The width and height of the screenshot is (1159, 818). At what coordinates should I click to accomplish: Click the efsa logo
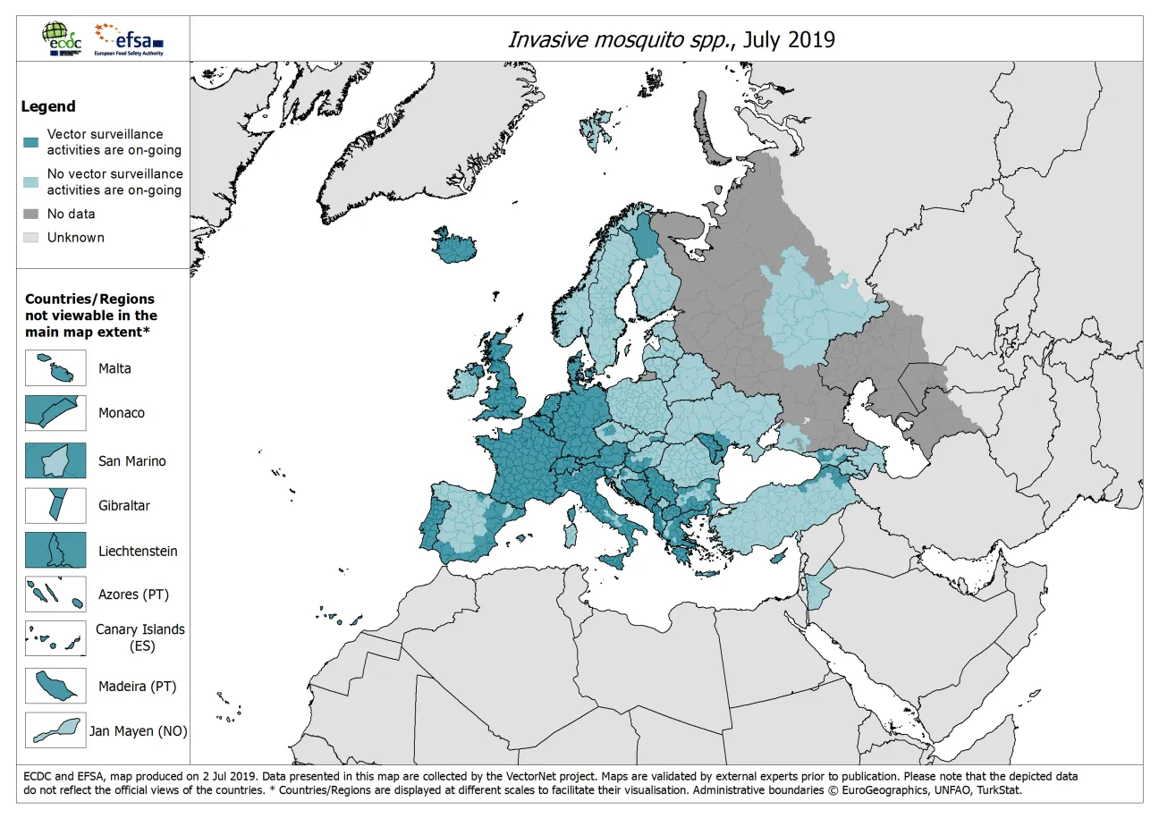(130, 38)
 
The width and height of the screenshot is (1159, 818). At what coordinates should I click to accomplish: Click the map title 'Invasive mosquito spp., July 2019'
(671, 40)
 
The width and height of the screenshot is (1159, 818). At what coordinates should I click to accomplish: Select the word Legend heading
(48, 106)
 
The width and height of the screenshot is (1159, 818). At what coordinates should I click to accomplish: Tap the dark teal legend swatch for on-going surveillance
(30, 142)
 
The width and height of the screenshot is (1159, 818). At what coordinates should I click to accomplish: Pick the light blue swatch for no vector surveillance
(30, 182)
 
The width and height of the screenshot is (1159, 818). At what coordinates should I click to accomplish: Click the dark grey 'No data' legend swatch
(30, 215)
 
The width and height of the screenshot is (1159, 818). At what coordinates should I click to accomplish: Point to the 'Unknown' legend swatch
(30, 238)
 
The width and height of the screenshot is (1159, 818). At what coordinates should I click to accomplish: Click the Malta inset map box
(55, 368)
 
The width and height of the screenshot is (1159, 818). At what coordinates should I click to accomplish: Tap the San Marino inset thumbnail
(55, 461)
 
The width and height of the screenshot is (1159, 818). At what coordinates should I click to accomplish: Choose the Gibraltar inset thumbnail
(55, 506)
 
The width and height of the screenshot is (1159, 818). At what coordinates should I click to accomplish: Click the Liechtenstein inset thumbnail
(55, 551)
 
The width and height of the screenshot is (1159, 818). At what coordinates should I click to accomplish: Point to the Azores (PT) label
(133, 595)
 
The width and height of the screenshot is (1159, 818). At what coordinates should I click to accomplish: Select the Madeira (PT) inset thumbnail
(55, 687)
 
